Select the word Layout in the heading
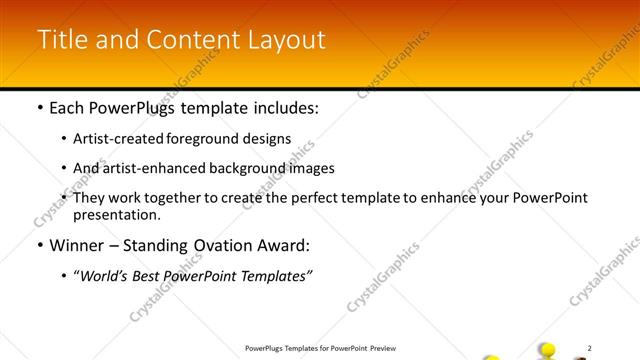[x=285, y=39]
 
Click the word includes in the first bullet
[x=284, y=108]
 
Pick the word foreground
[x=213, y=139]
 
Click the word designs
[x=269, y=139]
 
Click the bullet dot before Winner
[x=39, y=246]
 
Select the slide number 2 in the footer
[x=590, y=347]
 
